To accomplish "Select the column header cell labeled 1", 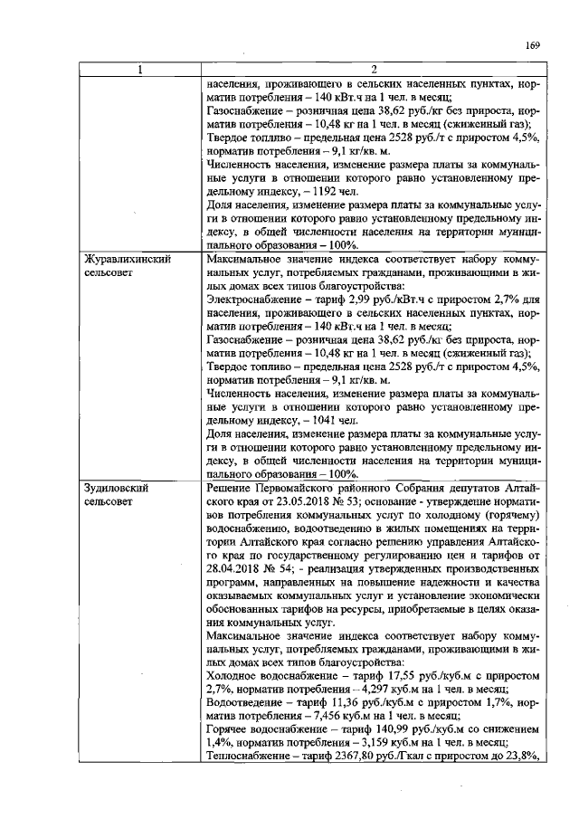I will [139, 70].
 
